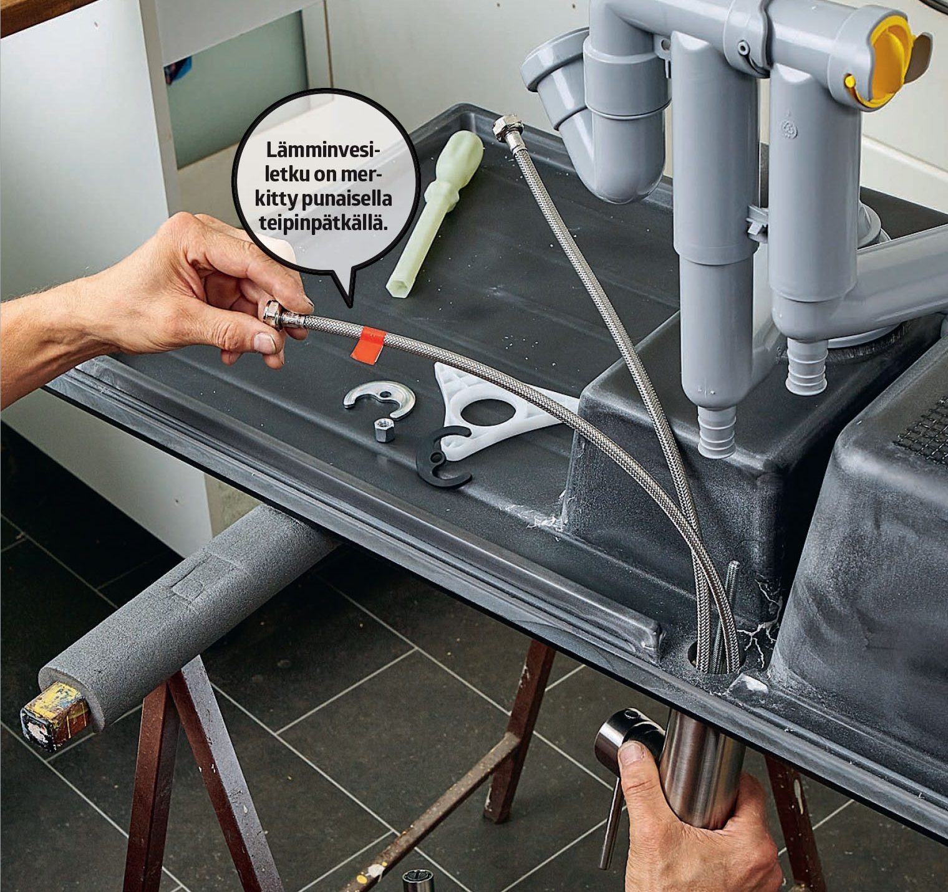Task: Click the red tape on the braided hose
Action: (x=369, y=344)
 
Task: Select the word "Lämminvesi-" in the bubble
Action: (x=323, y=151)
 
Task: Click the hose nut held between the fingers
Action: (x=274, y=314)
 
